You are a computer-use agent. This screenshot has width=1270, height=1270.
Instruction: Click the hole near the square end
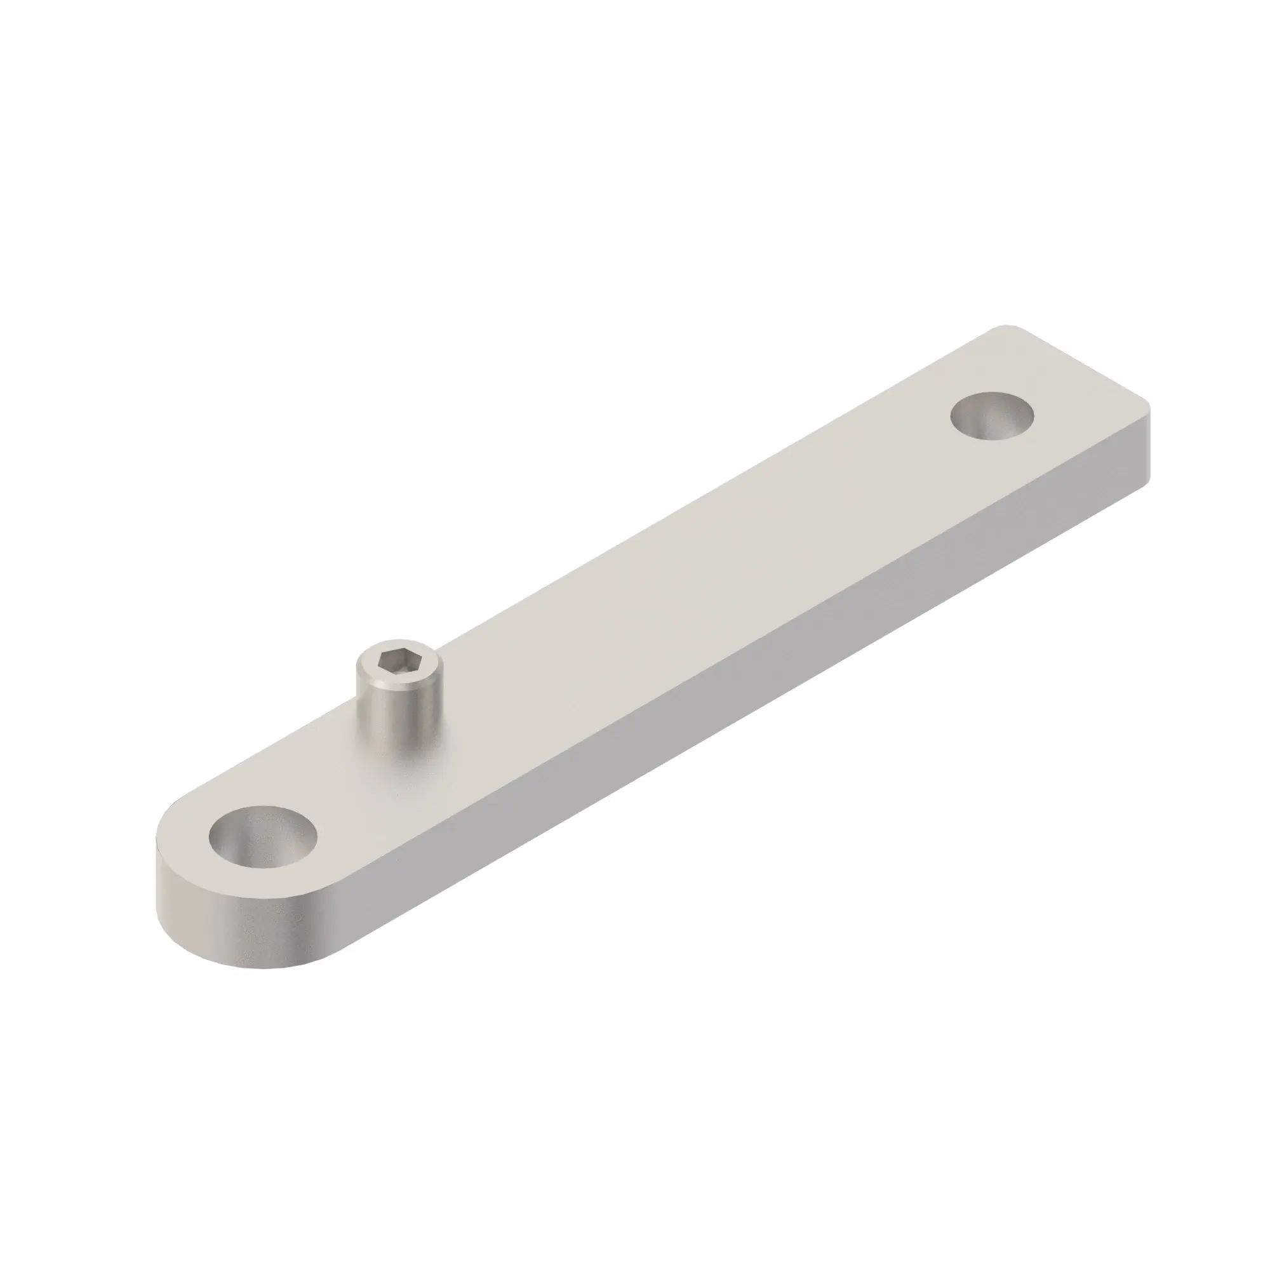993,416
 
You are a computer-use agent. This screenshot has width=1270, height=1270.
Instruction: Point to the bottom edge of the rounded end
263,966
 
